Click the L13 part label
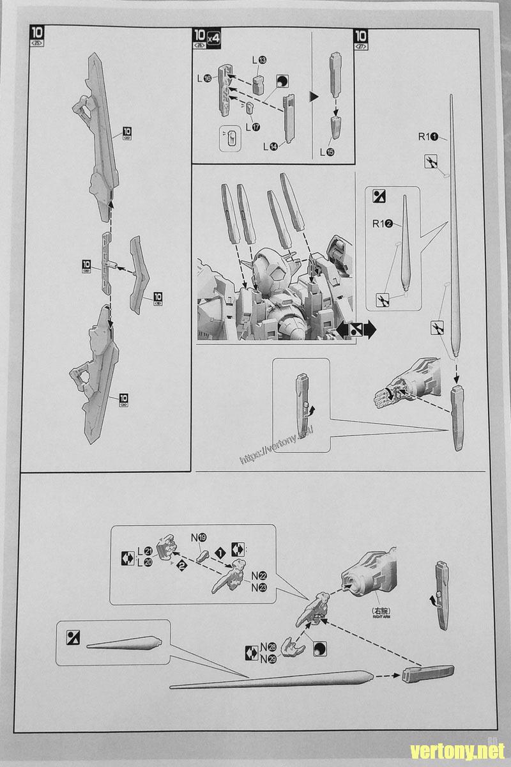[259, 60]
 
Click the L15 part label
[326, 152]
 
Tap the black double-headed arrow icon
[356, 330]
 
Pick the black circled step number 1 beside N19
[220, 552]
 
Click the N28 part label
[268, 650]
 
